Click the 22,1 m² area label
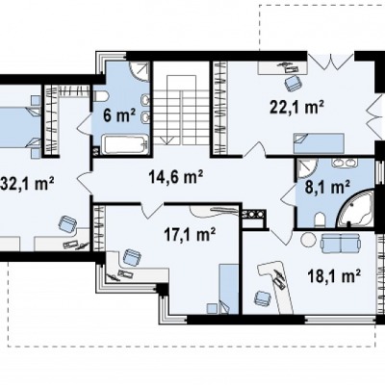pos(296,107)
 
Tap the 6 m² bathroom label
pos(119,115)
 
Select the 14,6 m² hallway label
pos(176,177)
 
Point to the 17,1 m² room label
pos(190,234)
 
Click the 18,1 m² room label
pos(333,275)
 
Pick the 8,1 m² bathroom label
pos(327,187)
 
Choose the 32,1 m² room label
pos(27,184)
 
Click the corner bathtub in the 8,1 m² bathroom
pos(356,209)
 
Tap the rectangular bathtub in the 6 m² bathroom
pos(127,144)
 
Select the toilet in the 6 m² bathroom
pos(101,95)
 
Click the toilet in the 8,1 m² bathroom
pos(321,220)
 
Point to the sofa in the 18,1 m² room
pos(341,243)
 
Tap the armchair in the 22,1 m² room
pos(293,83)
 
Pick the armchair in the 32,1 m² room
pos(67,224)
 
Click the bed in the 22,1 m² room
pos(319,143)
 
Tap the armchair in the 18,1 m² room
pos(263,298)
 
